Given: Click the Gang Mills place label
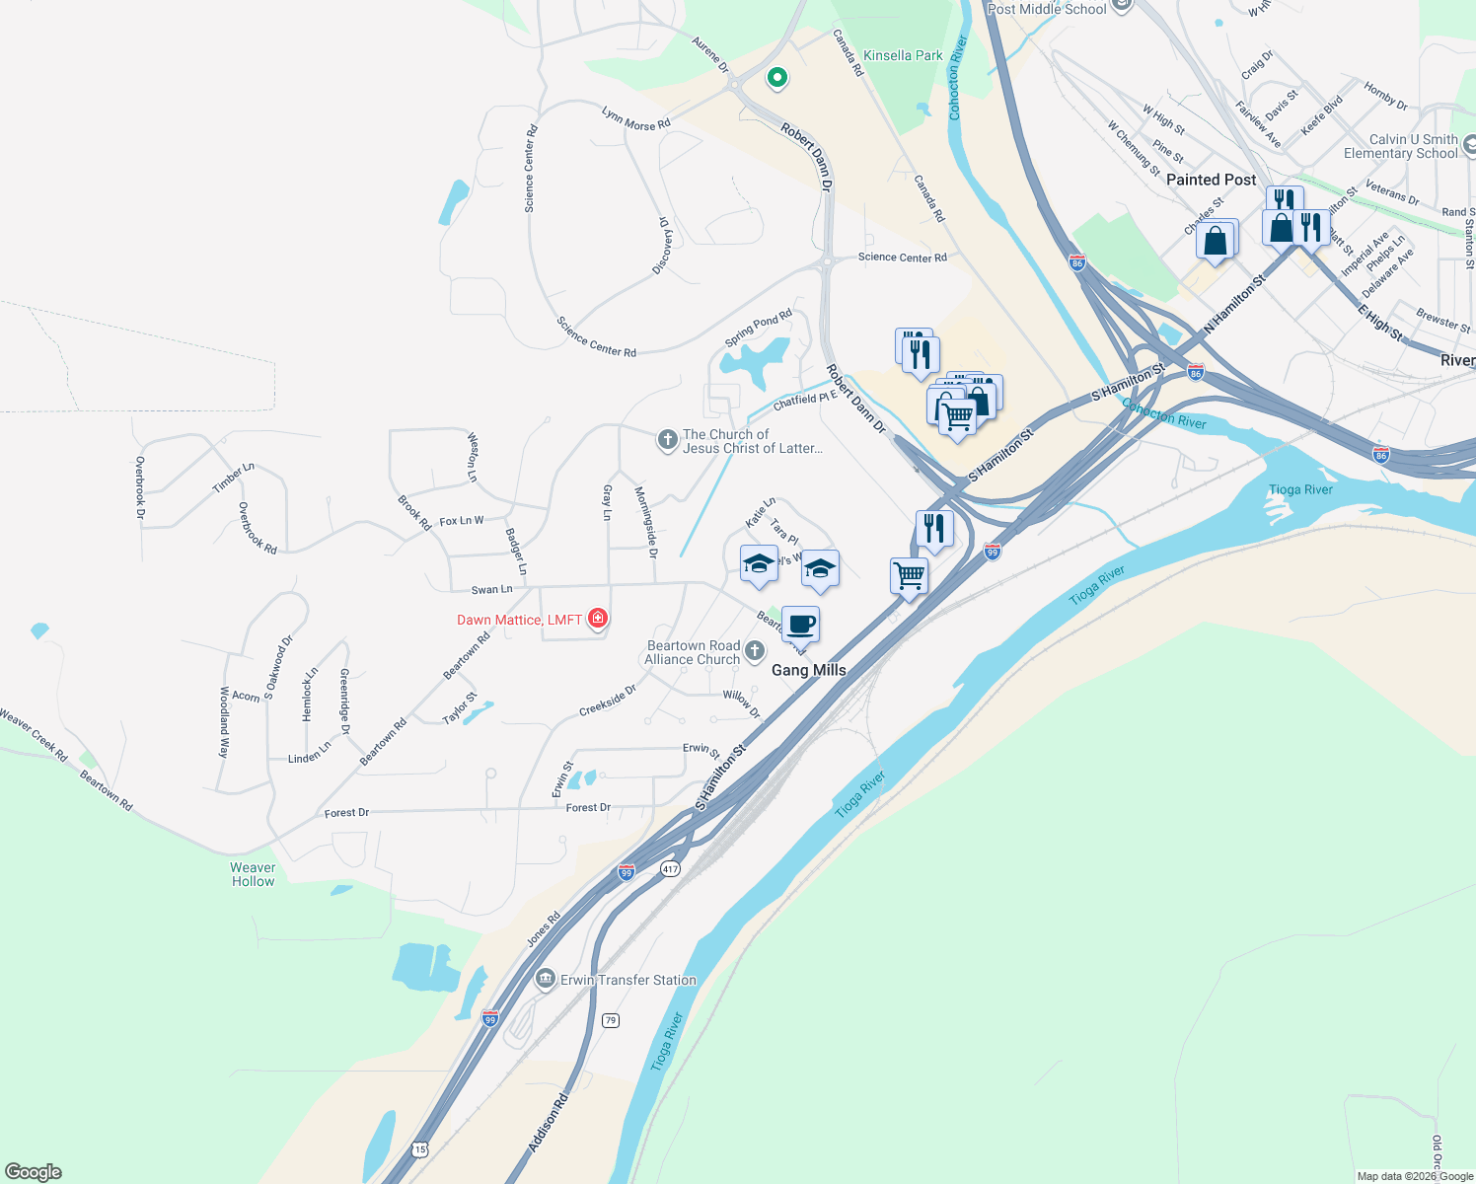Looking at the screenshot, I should point(808,670).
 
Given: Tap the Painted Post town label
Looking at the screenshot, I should point(1211,180).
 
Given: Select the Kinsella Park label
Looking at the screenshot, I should point(902,56).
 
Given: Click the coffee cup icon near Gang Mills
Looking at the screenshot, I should point(800,625).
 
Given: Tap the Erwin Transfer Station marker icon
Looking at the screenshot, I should point(545,979).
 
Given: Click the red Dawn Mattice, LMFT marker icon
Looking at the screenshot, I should point(597,619).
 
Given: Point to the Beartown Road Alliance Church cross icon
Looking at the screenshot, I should point(755,650).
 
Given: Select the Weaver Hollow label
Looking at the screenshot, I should point(253,874).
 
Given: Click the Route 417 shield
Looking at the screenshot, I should point(671,869).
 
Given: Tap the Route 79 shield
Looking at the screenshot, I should point(611,1020).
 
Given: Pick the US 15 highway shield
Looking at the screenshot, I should point(420,1149).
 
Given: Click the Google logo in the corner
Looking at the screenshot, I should point(34,1172).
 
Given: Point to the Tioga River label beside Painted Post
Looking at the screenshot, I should point(1300,489).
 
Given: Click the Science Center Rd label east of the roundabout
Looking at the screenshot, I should point(902,258).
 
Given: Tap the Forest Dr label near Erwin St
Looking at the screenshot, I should point(588,807).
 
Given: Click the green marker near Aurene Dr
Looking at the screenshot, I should point(776,77).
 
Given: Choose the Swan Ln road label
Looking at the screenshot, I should point(491,590).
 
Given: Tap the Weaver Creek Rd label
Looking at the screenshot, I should point(35,735).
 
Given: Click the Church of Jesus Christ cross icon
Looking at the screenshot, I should point(667,440).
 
